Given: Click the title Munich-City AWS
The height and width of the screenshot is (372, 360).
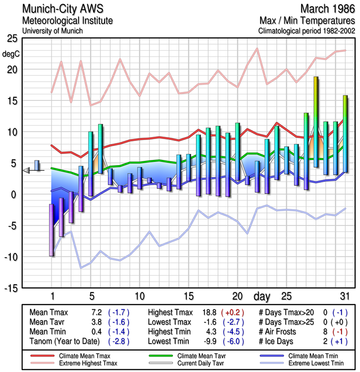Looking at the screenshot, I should tap(63, 9).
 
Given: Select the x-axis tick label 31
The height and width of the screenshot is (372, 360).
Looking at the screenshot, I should tap(344, 296).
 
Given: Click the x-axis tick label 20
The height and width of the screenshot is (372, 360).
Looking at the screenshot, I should tap(237, 296).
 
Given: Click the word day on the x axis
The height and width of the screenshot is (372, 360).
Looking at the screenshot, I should tap(263, 296).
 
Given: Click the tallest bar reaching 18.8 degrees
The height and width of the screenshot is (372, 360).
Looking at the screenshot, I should tap(316, 122).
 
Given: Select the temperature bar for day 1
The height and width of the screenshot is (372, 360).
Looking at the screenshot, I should tap(52, 230).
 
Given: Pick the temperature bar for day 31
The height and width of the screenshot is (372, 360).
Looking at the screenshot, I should tap(345, 134).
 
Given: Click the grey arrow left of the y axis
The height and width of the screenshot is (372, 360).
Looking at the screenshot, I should tap(27, 171).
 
